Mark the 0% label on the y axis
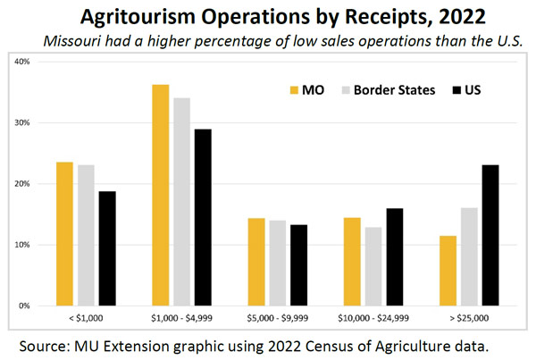pos(25,306)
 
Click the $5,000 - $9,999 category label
pos(276,317)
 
